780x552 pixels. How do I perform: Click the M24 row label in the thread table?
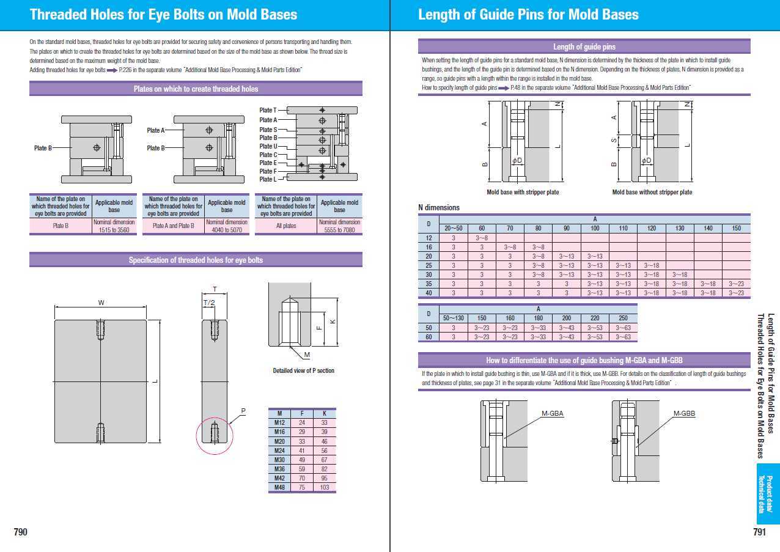[x=279, y=451]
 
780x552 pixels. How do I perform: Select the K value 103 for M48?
[x=324, y=487]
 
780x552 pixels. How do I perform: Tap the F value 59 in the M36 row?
[x=302, y=469]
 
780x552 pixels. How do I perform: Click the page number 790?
[x=21, y=532]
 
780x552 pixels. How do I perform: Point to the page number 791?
[x=759, y=532]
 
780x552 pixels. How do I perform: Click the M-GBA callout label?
[x=552, y=413]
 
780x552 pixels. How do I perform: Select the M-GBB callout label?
[x=684, y=413]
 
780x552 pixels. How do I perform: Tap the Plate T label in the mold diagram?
[x=268, y=110]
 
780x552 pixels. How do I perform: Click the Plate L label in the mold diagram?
[x=268, y=179]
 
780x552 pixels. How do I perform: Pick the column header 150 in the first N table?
[x=736, y=228]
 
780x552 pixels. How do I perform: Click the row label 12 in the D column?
[x=429, y=238]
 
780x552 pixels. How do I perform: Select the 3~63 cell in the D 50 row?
[x=623, y=328]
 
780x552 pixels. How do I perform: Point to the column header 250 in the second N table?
[x=623, y=318]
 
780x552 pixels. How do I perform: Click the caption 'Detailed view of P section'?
[x=303, y=370]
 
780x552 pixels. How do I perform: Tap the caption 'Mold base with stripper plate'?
[x=523, y=192]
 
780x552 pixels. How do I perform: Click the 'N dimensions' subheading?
[x=439, y=208]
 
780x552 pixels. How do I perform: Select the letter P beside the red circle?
[x=243, y=411]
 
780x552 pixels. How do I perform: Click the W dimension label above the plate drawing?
[x=101, y=303]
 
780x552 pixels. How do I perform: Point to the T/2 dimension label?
[x=209, y=303]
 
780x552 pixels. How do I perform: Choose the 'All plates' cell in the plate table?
[x=286, y=226]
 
